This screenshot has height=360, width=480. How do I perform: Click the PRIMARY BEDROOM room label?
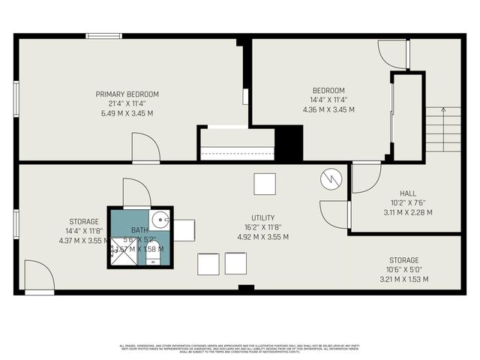(127, 94)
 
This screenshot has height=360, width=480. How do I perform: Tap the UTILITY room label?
(262, 217)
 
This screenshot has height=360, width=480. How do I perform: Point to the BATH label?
(139, 230)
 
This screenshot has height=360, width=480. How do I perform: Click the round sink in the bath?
(159, 220)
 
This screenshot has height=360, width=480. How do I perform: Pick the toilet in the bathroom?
(152, 259)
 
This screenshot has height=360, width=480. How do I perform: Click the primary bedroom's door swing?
(145, 148)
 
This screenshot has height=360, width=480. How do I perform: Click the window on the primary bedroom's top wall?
(104, 35)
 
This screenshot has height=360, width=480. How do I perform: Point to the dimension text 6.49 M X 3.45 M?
(127, 113)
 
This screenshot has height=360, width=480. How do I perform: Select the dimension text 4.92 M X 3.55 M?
(262, 237)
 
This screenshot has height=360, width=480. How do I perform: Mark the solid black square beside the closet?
(289, 142)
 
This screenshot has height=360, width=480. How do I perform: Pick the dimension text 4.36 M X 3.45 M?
(328, 109)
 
